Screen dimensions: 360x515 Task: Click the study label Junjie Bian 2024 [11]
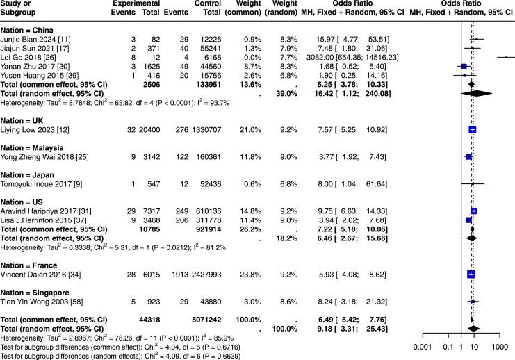(x=35, y=40)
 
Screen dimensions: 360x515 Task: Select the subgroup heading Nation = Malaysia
(x=34, y=147)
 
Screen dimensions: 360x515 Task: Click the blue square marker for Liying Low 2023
(x=473, y=129)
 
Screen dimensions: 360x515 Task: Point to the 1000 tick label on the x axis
(x=498, y=346)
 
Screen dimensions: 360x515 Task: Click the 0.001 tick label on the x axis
(x=422, y=346)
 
